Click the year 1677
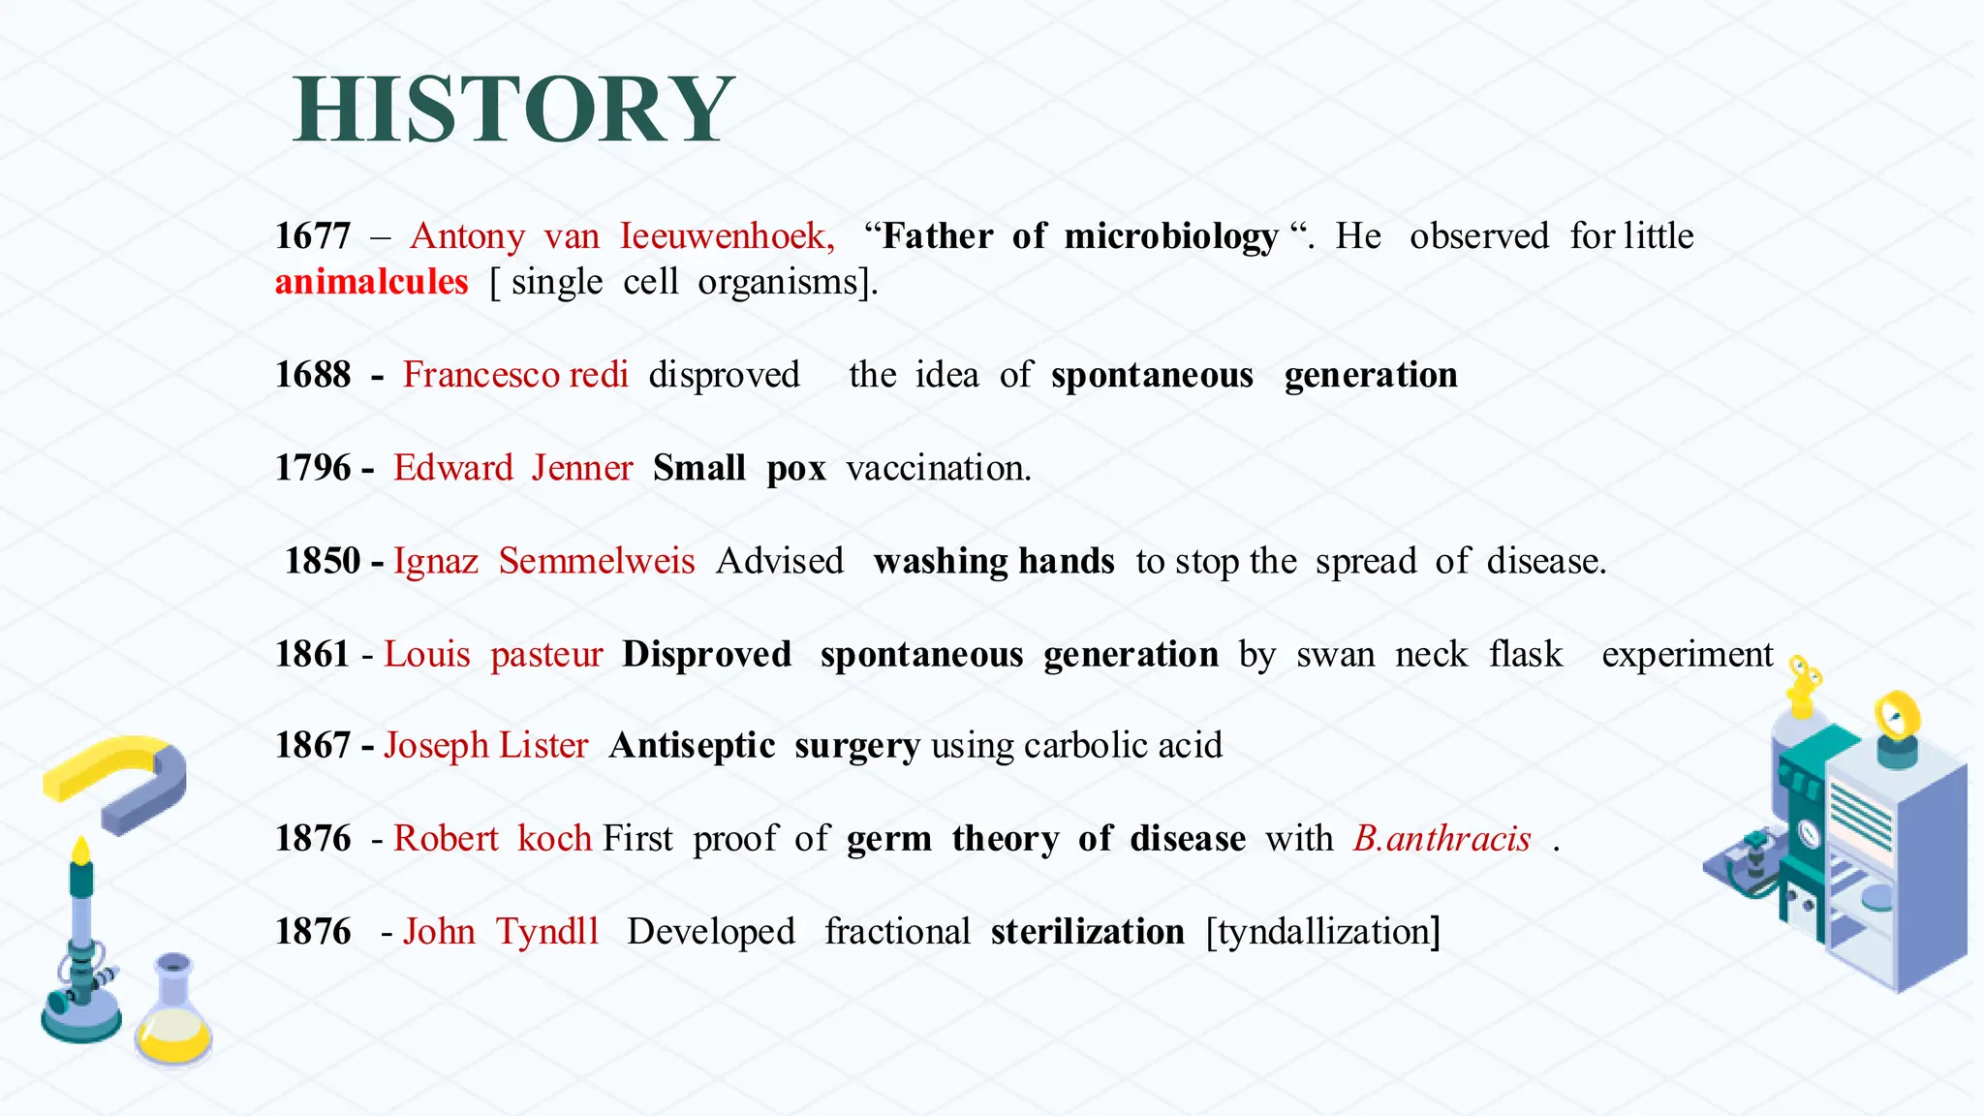click(312, 235)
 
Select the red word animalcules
click(371, 282)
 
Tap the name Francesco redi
click(515, 375)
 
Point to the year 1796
click(312, 468)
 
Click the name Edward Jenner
click(512, 468)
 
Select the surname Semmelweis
click(597, 561)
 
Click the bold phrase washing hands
click(994, 561)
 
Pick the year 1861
click(312, 654)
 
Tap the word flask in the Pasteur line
click(1526, 654)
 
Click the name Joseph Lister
click(485, 745)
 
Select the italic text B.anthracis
click(1441, 838)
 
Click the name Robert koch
click(492, 838)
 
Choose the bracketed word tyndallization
click(1323, 931)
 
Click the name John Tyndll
click(501, 931)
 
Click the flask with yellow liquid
click(172, 1017)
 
